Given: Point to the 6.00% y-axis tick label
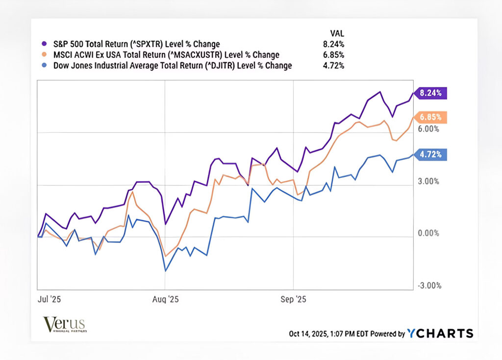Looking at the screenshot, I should [x=428, y=129].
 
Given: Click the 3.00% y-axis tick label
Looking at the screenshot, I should [x=428, y=181].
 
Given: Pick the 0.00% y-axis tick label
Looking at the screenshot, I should [x=428, y=233].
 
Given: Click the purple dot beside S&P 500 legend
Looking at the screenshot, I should [x=45, y=44].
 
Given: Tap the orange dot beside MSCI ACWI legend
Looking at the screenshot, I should [x=45, y=55].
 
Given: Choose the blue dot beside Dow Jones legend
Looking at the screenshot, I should [x=45, y=66].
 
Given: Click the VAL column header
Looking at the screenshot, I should [x=337, y=33].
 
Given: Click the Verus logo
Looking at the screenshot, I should [x=64, y=325].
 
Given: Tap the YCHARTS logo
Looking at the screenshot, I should [x=440, y=334].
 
